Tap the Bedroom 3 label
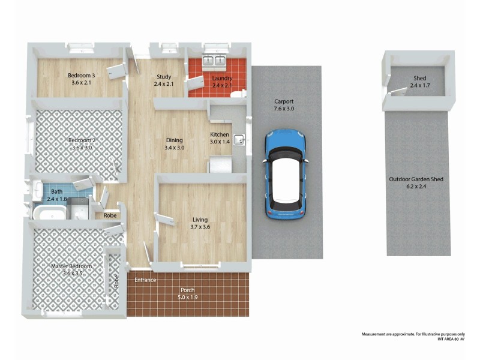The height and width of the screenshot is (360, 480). point(80,79)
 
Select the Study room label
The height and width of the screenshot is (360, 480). point(164,80)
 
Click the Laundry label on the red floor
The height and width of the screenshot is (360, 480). point(221,82)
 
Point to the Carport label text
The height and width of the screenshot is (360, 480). point(283,105)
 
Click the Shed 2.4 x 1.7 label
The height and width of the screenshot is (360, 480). point(419,82)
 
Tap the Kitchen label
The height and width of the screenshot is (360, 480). point(220,138)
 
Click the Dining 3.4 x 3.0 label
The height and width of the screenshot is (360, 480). point(175,143)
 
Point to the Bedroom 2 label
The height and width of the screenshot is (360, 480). point(82,144)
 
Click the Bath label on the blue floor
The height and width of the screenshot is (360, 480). point(56,195)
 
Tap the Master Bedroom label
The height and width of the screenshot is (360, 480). point(71,269)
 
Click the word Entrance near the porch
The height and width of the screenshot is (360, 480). point(145,280)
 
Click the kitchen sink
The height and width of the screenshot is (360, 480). point(239,140)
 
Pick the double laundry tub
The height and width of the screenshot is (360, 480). point(213,60)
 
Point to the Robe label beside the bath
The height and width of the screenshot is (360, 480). point(110,215)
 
